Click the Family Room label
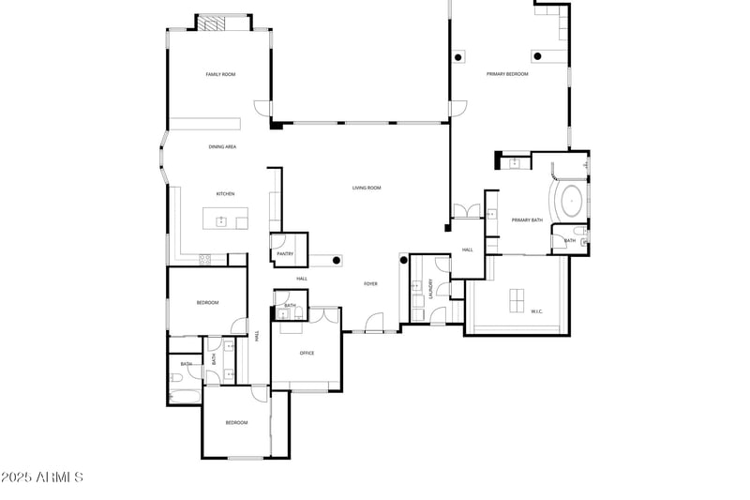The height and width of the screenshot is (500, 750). [220, 74]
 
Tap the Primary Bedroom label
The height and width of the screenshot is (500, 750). [507, 74]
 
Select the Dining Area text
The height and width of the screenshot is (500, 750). [222, 147]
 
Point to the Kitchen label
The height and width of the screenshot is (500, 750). [225, 194]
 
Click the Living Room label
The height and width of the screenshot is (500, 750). [367, 188]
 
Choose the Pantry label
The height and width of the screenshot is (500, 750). [285, 253]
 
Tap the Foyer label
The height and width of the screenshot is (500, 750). [370, 283]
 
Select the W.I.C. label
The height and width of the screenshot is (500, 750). [537, 311]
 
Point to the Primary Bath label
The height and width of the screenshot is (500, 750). [527, 220]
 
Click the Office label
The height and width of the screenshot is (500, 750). [307, 353]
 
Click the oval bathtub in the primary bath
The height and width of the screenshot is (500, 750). [571, 201]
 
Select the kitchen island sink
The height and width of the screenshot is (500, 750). [222, 221]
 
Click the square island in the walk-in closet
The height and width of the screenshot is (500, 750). [517, 300]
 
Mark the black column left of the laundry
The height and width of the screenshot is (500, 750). [404, 260]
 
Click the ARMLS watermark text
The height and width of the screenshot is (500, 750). [42, 477]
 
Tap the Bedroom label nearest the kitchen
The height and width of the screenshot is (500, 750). [207, 302]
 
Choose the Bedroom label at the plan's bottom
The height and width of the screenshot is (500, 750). [236, 422]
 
